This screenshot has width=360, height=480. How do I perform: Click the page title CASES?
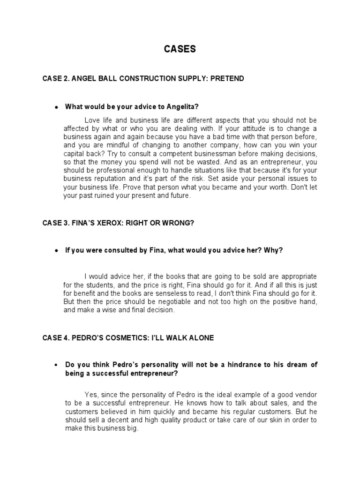coord(180,49)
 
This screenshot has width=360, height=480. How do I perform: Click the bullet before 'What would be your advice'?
coord(56,107)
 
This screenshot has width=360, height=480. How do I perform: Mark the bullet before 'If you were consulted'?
coord(56,251)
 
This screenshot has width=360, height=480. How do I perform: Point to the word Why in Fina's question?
coord(274,250)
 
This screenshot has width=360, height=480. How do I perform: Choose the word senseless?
coord(145,293)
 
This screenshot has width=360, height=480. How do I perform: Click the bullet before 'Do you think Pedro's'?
coord(56,366)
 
